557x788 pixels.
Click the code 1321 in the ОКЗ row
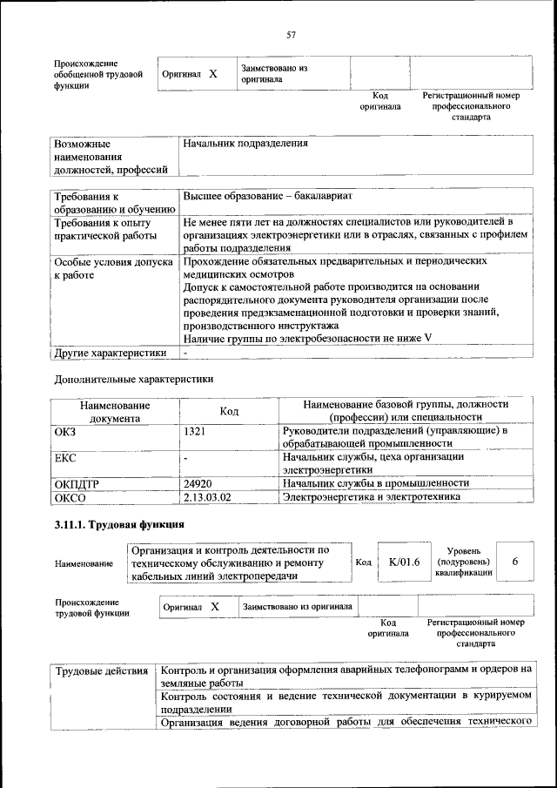tap(195, 431)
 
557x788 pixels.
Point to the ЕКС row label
tap(65, 457)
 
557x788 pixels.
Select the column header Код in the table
tap(229, 412)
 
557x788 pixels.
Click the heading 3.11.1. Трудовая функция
tap(118, 525)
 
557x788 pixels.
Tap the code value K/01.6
tap(404, 562)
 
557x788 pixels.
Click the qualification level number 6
tap(515, 562)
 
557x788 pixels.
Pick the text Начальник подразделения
tap(246, 143)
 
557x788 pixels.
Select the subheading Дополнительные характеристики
tap(133, 380)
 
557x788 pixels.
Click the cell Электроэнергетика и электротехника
tap(379, 497)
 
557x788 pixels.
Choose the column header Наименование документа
tap(115, 412)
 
